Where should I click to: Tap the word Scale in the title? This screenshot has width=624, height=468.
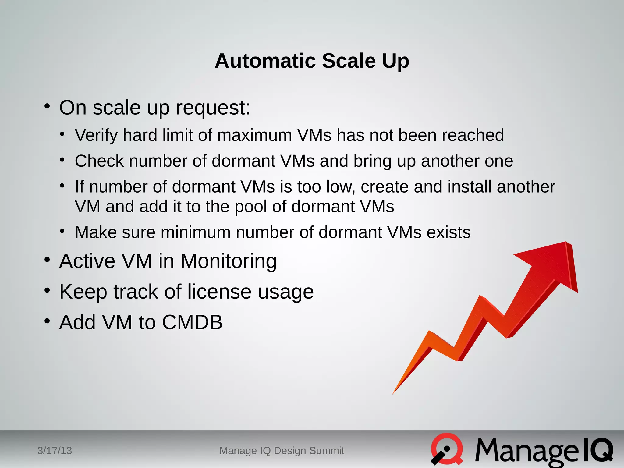(349, 61)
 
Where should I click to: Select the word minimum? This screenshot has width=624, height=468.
(195, 232)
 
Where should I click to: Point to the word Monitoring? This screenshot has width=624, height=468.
(229, 261)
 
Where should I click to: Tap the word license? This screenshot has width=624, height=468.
(219, 292)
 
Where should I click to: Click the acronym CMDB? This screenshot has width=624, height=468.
(192, 322)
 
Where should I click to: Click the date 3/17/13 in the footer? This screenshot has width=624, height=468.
(55, 450)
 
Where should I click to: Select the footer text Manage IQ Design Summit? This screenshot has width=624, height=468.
(282, 450)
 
